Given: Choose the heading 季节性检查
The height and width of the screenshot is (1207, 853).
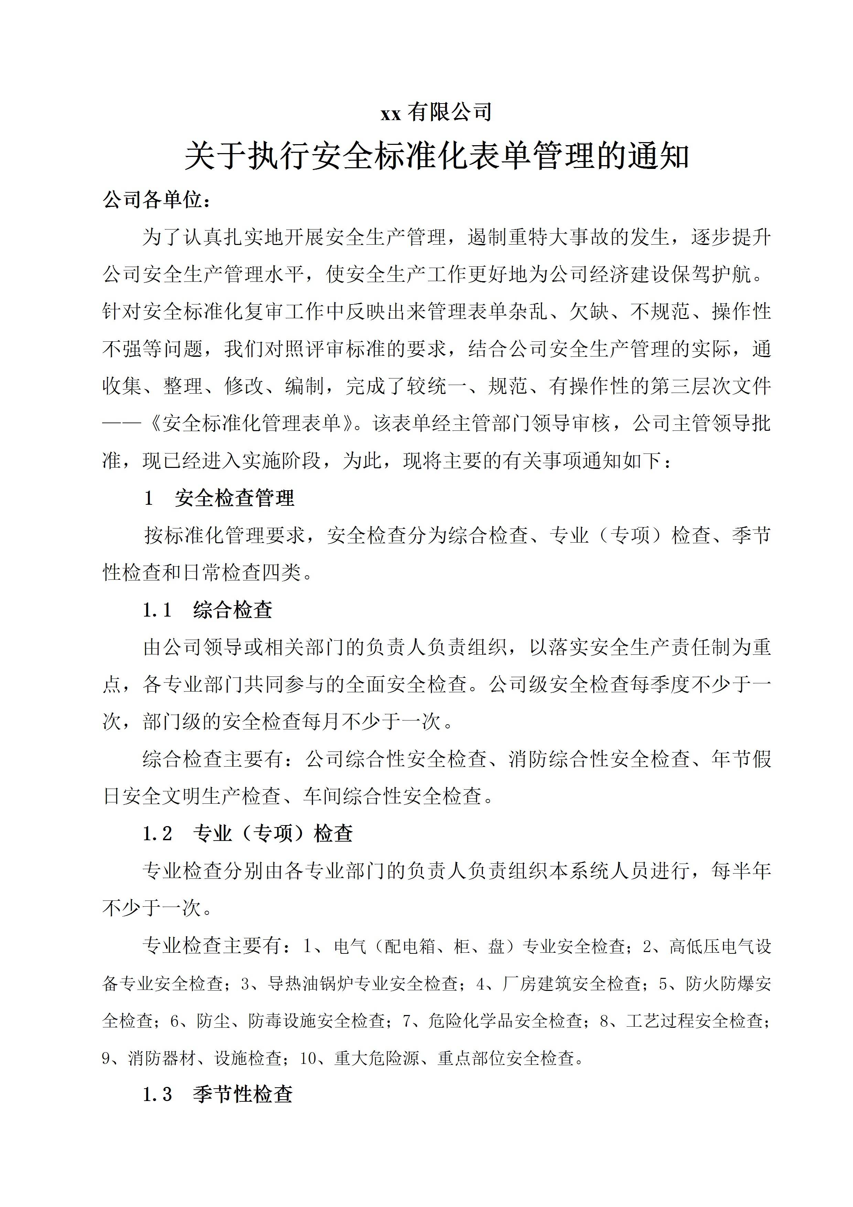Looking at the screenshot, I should [x=243, y=1094].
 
